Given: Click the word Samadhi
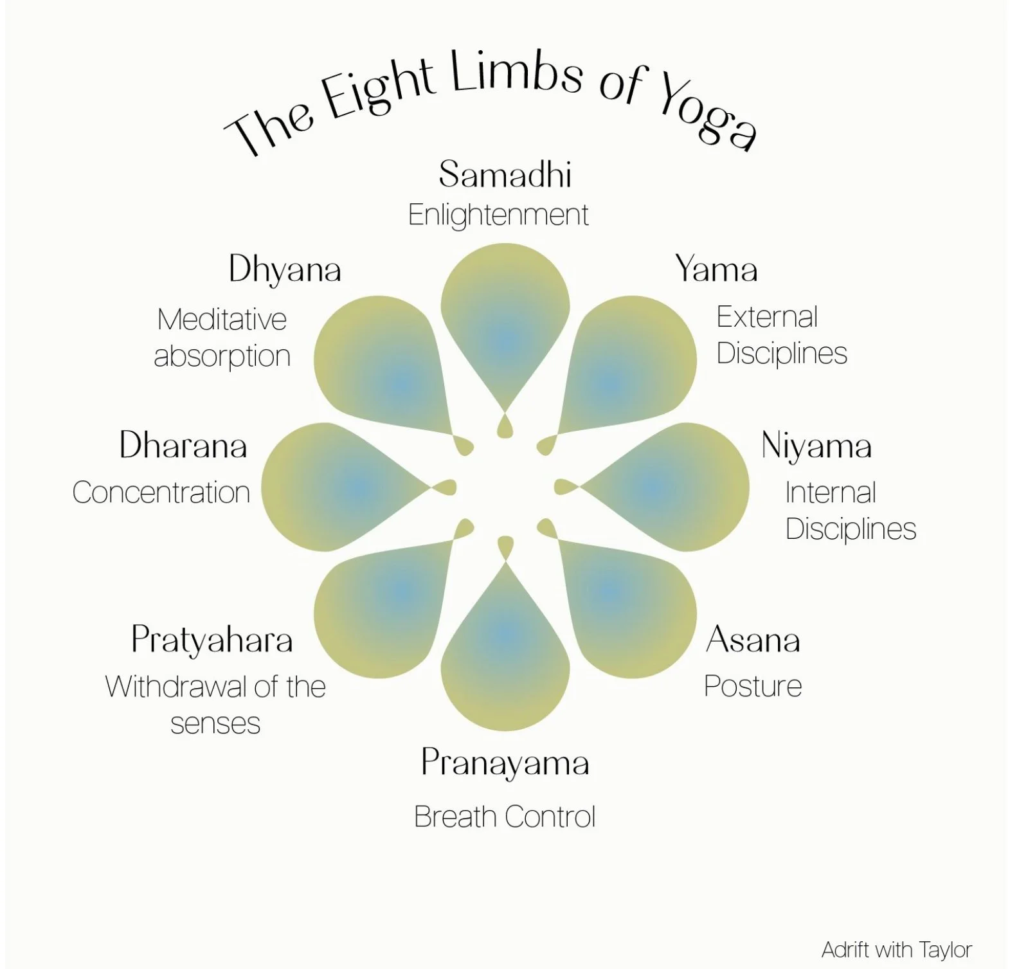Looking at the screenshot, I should click(505, 174).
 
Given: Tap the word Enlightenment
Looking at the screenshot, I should click(498, 215).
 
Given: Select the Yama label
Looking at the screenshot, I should click(716, 269).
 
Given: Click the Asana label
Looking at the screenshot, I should click(753, 640).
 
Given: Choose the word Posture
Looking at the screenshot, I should click(753, 686).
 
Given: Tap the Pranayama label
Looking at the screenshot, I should click(505, 764).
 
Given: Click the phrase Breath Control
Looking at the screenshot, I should click(505, 817).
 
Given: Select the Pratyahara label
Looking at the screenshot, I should click(212, 640).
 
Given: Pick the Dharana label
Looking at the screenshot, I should click(183, 445).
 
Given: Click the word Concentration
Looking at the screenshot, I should click(161, 493).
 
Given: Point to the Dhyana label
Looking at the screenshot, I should click(285, 269).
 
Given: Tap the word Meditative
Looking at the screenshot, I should click(222, 319).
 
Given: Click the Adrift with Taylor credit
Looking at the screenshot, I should click(896, 949).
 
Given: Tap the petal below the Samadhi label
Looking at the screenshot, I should click(505, 321).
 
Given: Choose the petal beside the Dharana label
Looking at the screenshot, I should click(341, 487).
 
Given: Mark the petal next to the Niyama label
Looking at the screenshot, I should click(669, 487).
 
